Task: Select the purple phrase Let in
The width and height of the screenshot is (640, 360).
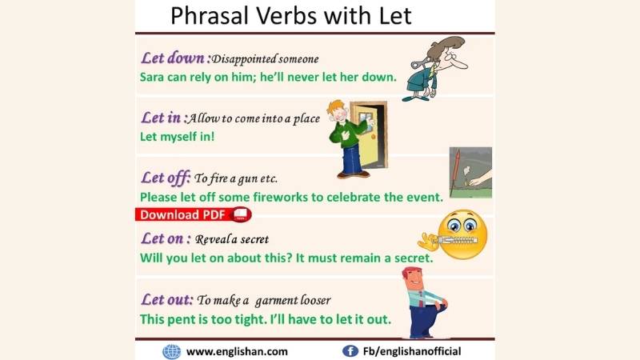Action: click(162, 118)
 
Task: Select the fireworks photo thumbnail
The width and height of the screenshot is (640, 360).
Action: click(470, 172)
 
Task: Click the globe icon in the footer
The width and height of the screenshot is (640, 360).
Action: click(171, 351)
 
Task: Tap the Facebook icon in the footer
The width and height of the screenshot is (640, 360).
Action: click(350, 351)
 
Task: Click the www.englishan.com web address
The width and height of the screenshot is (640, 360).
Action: click(237, 351)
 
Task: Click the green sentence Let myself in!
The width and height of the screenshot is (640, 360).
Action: click(177, 137)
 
